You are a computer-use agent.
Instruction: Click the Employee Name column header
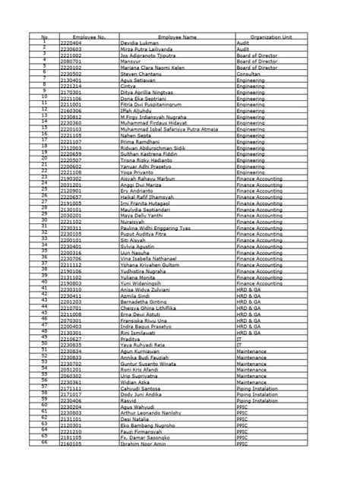click(177, 36)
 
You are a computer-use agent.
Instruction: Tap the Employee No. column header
click(89, 36)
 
